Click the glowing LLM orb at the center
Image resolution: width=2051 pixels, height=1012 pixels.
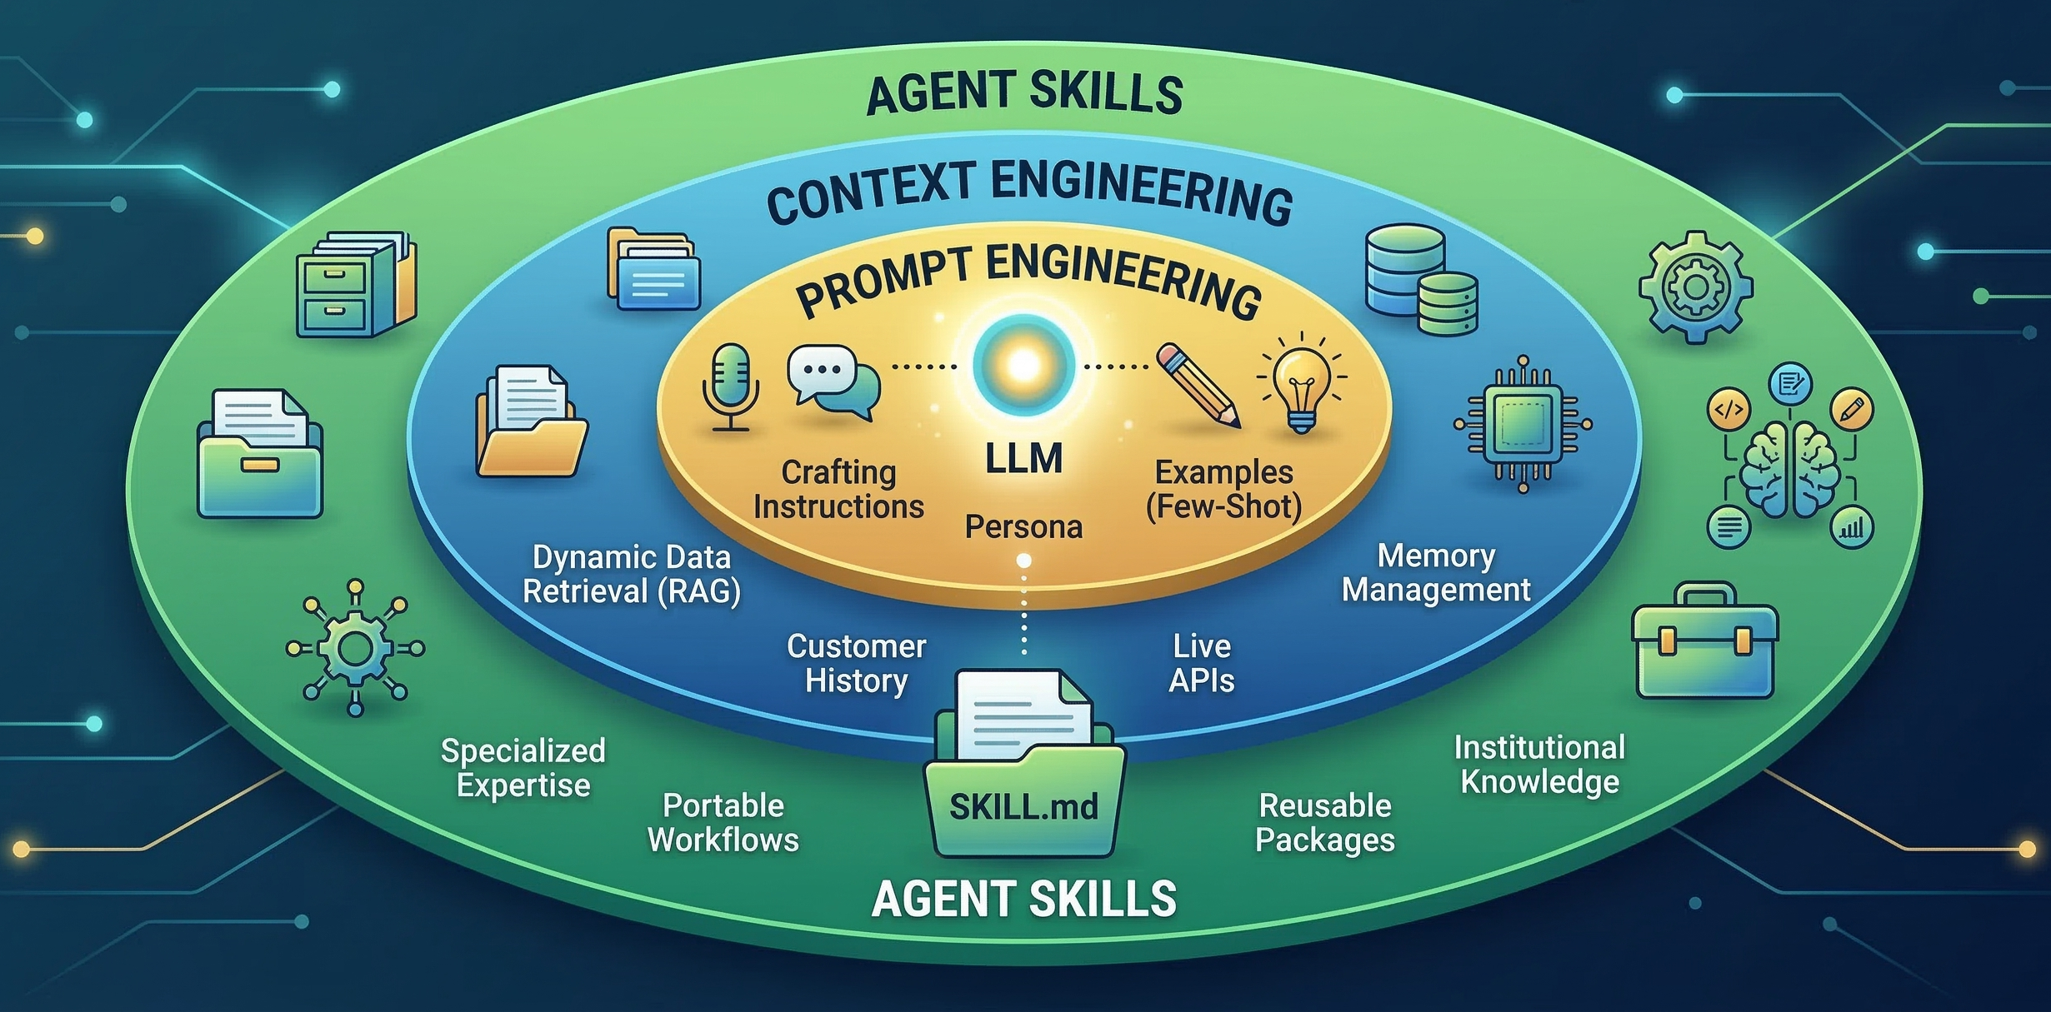point(1023,365)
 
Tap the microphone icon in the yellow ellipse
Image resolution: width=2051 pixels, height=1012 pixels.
point(731,386)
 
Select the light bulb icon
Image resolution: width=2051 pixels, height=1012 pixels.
point(1301,383)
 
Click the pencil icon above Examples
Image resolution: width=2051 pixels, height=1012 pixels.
point(1198,385)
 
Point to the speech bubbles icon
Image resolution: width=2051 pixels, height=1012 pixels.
point(833,382)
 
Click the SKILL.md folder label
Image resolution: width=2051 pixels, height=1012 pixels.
point(1023,806)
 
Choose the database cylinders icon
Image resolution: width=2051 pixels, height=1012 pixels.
point(1421,280)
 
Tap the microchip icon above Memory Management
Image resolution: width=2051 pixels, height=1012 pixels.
point(1523,424)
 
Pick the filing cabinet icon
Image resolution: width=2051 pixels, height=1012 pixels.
point(356,284)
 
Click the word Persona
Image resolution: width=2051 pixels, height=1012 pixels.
point(1023,527)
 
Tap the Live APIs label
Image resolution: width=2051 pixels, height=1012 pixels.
point(1201,663)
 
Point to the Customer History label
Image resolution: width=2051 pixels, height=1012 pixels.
point(856,664)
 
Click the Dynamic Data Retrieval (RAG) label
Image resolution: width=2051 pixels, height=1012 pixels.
point(631,574)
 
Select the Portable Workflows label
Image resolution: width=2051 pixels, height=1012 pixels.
point(723,823)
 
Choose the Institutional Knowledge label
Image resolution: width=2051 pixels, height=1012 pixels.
point(1539,765)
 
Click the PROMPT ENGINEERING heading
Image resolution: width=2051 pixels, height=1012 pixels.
point(1028,282)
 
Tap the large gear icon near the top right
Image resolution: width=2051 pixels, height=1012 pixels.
point(1695,287)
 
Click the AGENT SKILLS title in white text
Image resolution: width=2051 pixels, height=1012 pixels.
point(1023,900)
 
